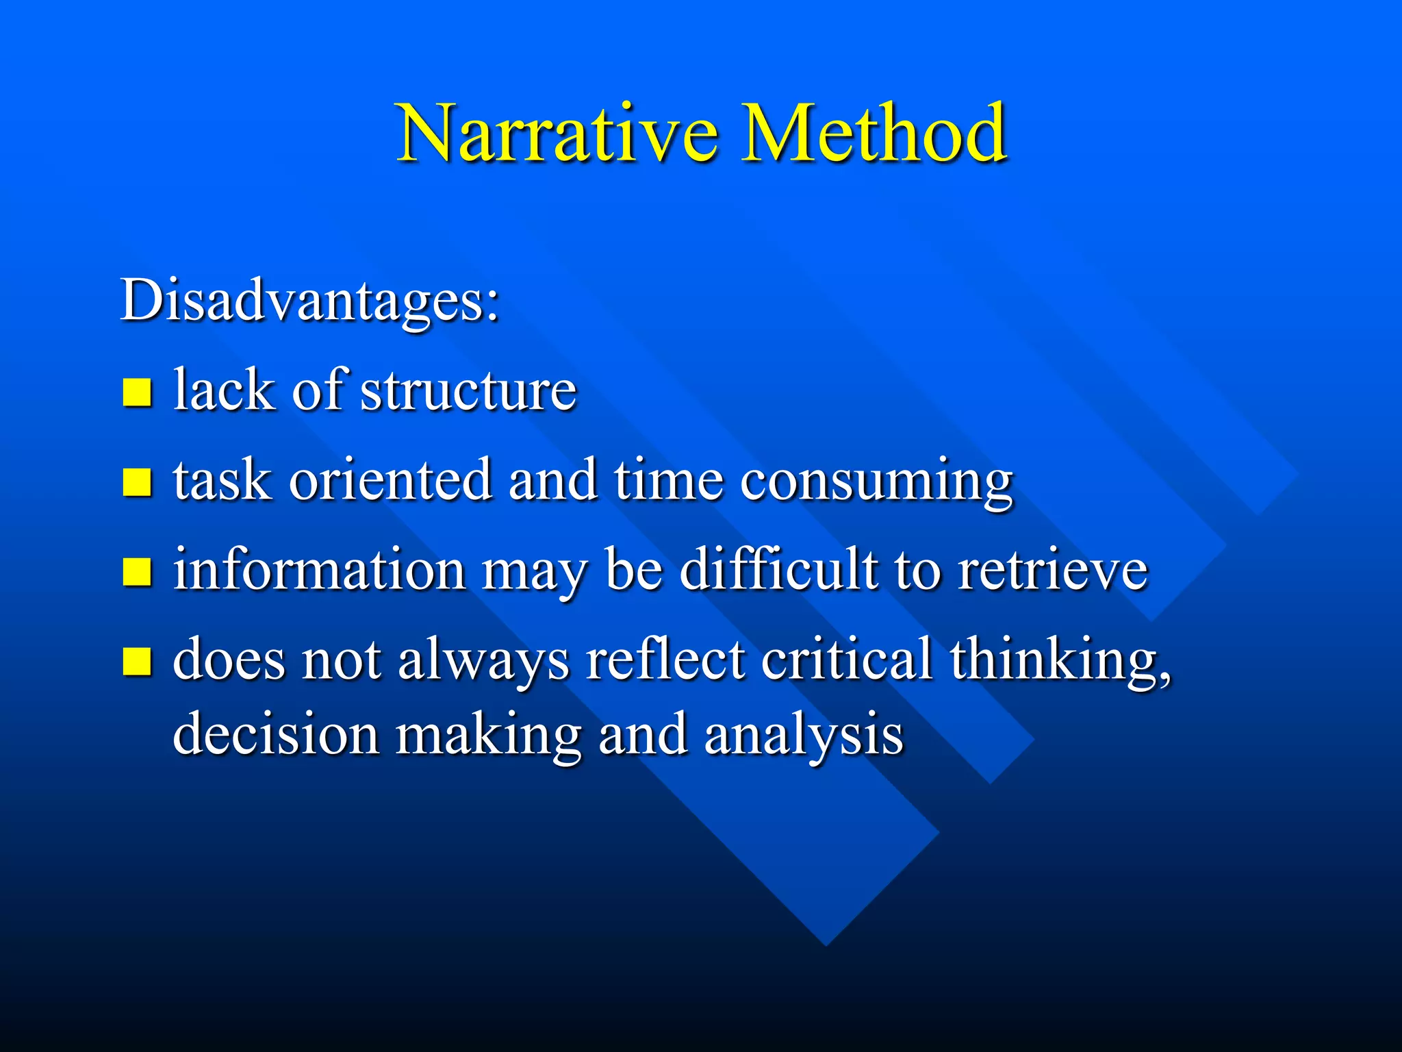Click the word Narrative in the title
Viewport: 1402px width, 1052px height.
557,134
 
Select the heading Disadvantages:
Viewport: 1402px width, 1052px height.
309,301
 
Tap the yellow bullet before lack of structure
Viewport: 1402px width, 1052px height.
137,392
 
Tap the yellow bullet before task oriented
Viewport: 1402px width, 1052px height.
137,481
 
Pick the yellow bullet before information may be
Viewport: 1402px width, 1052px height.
137,572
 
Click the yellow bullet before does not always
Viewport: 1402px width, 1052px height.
137,662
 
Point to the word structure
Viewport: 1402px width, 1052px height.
468,390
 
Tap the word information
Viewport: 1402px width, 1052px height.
319,571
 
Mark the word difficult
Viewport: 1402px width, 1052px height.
778,571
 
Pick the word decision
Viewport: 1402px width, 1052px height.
276,735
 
